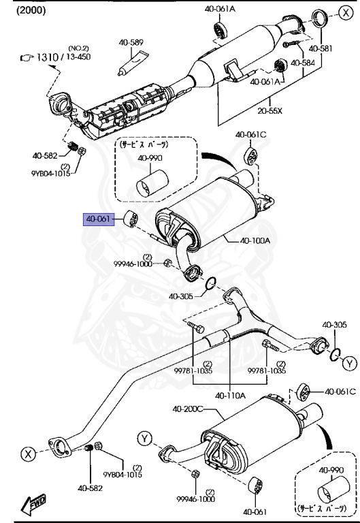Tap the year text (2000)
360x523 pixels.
(20, 11)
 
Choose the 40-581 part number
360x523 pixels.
(321, 49)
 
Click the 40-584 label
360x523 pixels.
(304, 63)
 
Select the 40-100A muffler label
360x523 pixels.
(255, 240)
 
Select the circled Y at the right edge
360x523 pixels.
(349, 364)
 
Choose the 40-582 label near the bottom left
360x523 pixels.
(89, 488)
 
